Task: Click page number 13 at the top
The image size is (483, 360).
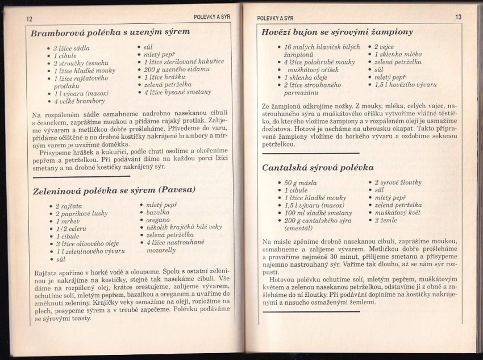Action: (459, 17)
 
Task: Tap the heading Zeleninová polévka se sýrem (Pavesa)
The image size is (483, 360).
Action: (114, 190)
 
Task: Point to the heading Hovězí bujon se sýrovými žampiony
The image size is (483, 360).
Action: (338, 32)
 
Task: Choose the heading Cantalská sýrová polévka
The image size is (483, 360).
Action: (318, 168)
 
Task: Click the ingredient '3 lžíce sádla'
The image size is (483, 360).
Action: (72, 48)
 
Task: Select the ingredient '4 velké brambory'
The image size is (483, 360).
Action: (80, 101)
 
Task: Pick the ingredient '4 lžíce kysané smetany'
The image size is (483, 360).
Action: (178, 91)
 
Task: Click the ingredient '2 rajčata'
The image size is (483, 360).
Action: (69, 206)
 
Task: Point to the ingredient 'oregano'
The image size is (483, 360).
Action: (158, 219)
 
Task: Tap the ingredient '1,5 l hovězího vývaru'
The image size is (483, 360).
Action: (405, 85)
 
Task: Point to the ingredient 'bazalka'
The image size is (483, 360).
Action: (158, 212)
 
